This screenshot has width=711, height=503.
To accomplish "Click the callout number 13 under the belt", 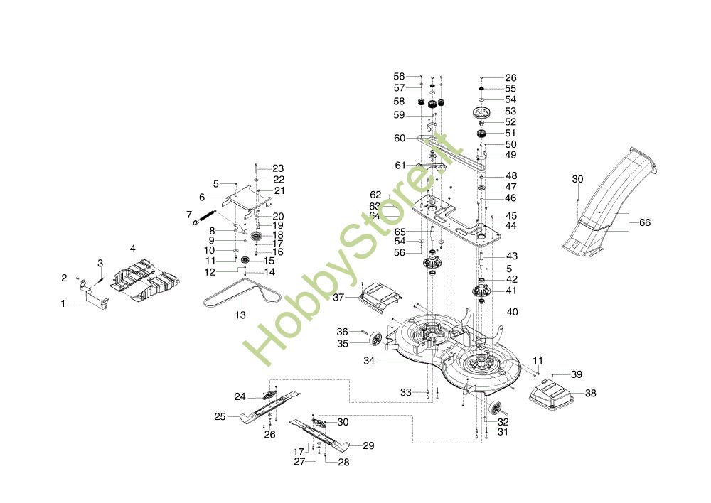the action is tap(240, 315).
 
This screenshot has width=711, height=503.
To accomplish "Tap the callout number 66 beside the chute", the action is tap(645, 222).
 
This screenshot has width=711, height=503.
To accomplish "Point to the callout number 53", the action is tap(510, 111).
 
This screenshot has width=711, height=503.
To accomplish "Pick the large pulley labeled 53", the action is tap(482, 112).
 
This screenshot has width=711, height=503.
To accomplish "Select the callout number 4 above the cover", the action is tap(132, 249).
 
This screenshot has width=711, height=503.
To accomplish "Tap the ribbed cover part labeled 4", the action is tap(145, 280).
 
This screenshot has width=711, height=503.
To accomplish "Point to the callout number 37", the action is tap(338, 297).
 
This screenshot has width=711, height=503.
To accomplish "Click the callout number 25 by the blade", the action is tap(220, 416).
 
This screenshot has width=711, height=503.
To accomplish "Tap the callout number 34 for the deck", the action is tap(369, 361).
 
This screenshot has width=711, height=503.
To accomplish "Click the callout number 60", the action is tap(400, 139).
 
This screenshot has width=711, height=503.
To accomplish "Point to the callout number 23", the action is tap(278, 168).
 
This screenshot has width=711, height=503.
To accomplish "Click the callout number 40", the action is tap(512, 312).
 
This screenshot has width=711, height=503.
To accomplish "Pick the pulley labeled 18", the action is tap(256, 236).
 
